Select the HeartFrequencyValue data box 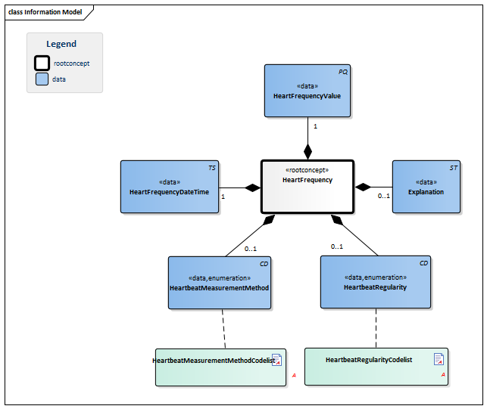point(307,91)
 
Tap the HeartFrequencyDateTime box point(169,187)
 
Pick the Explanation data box point(426,187)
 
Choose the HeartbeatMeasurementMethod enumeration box point(220,283)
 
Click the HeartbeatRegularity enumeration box point(375,282)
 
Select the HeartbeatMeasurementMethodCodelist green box point(220,367)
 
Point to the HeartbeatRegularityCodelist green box point(376,367)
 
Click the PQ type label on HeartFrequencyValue point(342,71)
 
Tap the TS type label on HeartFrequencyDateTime point(211,167)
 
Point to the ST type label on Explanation point(453,167)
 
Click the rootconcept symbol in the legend point(42,63)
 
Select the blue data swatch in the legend point(42,79)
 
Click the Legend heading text point(61,44)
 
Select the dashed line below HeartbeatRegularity point(376,328)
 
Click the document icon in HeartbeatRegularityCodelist point(439,359)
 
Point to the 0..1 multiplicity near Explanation point(384,196)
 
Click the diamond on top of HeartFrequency point(307,150)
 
